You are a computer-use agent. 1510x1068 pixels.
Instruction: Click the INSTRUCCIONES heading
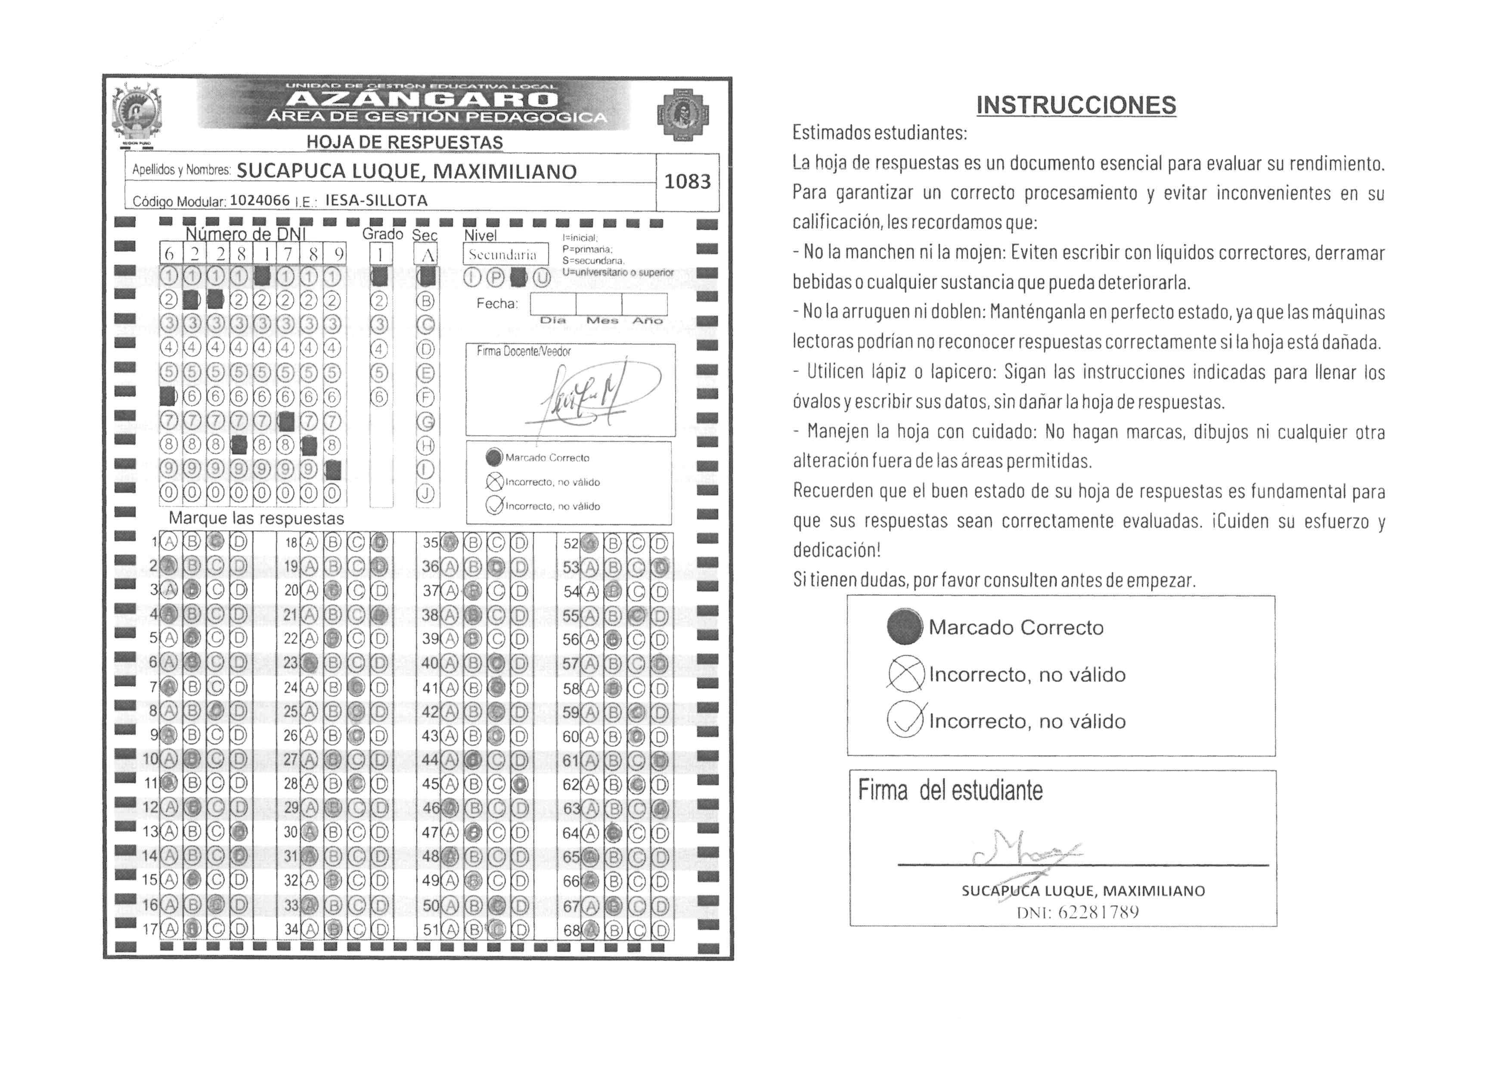point(1076,105)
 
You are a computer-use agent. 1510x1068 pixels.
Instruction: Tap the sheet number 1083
point(687,181)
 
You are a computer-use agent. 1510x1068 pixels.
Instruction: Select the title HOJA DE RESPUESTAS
point(404,143)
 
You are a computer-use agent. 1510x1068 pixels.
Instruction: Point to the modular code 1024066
point(259,200)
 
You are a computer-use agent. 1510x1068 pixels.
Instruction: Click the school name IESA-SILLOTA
point(376,200)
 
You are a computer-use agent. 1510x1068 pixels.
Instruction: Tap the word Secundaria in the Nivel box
point(502,255)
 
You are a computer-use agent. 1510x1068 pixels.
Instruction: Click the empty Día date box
point(552,304)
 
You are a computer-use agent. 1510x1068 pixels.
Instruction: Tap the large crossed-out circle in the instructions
point(905,675)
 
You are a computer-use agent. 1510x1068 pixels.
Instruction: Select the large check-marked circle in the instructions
point(905,721)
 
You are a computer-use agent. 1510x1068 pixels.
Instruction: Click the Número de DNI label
point(245,234)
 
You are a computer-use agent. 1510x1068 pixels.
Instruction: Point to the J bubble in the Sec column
point(425,494)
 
